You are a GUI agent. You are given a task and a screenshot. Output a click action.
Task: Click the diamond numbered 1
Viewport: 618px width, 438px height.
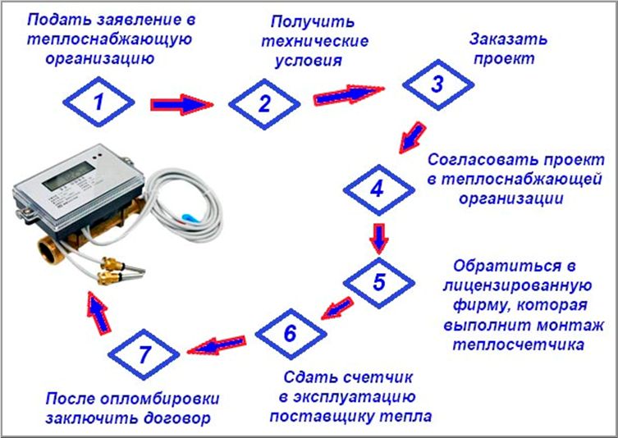pyautogui.click(x=98, y=104)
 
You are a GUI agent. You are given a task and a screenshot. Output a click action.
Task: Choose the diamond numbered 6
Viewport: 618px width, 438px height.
pyautogui.click(x=288, y=334)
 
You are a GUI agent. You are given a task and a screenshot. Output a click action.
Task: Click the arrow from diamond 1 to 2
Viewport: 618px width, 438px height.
pyautogui.click(x=181, y=104)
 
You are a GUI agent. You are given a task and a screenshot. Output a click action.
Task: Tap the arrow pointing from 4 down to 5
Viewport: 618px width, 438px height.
pyautogui.click(x=379, y=236)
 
